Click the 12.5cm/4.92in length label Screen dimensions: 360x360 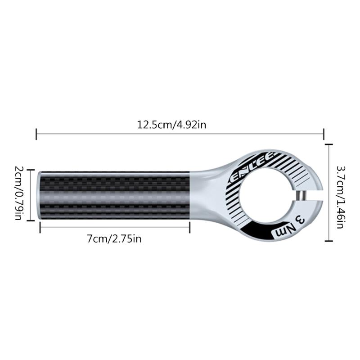(x=171, y=125)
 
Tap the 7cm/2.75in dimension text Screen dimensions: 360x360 (x=114, y=238)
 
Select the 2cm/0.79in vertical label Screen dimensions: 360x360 (x=19, y=196)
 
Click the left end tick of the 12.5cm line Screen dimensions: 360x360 (x=36, y=133)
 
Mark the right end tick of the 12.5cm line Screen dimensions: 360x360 (x=324, y=133)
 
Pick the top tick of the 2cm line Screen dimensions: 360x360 (x=30, y=170)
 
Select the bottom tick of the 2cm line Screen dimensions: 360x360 (x=30, y=221)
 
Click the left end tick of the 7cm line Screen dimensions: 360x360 (x=40, y=228)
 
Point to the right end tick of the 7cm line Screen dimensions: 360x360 (x=189, y=228)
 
